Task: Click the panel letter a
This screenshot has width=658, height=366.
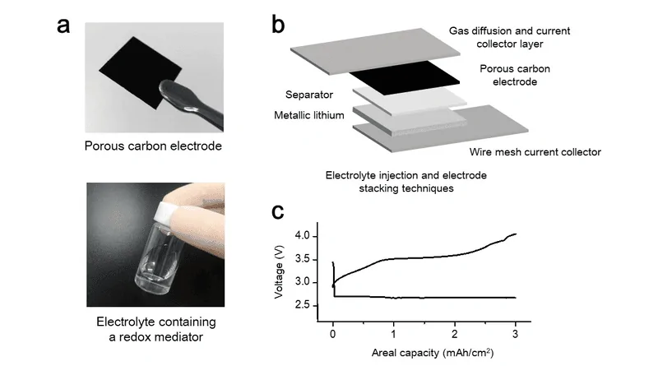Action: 63,25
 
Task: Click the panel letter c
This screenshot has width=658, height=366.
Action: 278,211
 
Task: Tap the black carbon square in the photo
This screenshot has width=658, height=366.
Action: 138,72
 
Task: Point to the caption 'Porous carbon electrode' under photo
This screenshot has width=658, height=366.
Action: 153,146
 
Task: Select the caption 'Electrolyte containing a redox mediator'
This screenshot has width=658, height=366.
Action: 156,329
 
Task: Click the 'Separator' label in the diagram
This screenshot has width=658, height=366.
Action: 309,95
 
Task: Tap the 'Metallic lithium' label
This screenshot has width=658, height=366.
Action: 309,115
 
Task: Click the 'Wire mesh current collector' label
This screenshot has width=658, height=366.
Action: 535,152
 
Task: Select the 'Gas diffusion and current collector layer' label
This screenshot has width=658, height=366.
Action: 509,37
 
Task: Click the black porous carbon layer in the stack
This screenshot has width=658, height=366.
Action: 405,78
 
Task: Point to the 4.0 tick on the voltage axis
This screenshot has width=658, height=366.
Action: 303,236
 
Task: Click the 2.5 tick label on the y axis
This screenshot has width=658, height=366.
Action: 303,304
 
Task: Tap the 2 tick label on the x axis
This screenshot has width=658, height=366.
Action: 455,334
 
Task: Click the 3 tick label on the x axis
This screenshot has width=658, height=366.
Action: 516,334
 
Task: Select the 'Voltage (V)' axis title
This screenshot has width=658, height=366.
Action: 279,272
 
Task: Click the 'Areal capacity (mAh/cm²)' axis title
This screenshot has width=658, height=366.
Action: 433,353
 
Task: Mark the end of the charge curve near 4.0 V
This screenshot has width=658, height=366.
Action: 516,234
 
